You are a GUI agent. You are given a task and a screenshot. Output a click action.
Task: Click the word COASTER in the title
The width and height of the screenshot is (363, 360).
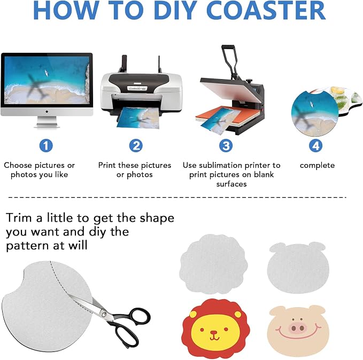[x=266, y=10]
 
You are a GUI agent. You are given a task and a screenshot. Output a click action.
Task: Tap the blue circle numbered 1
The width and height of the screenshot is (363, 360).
[x=46, y=145]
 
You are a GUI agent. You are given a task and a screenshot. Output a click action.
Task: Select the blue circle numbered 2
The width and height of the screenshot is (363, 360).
[x=136, y=145]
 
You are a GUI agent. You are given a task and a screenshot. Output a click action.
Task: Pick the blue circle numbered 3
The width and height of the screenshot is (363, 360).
[x=226, y=145]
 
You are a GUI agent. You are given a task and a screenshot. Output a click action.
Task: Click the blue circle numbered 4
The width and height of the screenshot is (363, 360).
[x=316, y=145]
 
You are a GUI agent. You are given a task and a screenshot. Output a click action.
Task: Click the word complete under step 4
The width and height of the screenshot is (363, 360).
[x=317, y=166]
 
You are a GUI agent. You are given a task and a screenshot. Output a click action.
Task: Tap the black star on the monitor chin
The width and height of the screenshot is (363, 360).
[x=47, y=112]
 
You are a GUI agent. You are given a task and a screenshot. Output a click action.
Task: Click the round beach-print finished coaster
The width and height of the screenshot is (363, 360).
[x=315, y=113]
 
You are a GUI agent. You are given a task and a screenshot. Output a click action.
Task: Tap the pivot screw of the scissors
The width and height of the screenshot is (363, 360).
[x=104, y=314]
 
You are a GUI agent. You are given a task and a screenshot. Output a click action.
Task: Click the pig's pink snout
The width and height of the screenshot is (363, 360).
[x=297, y=328]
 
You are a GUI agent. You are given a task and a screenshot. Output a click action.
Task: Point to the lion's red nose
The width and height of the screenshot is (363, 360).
[x=214, y=333]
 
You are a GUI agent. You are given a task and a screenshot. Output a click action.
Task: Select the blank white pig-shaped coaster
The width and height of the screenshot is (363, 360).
[x=298, y=268]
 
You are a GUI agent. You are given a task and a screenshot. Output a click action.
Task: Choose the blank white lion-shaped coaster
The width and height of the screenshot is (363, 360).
[x=213, y=264]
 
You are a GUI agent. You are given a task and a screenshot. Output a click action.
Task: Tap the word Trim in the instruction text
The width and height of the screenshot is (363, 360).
[x=19, y=218]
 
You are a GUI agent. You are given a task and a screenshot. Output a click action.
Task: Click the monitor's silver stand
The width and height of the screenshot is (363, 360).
[x=47, y=122]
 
